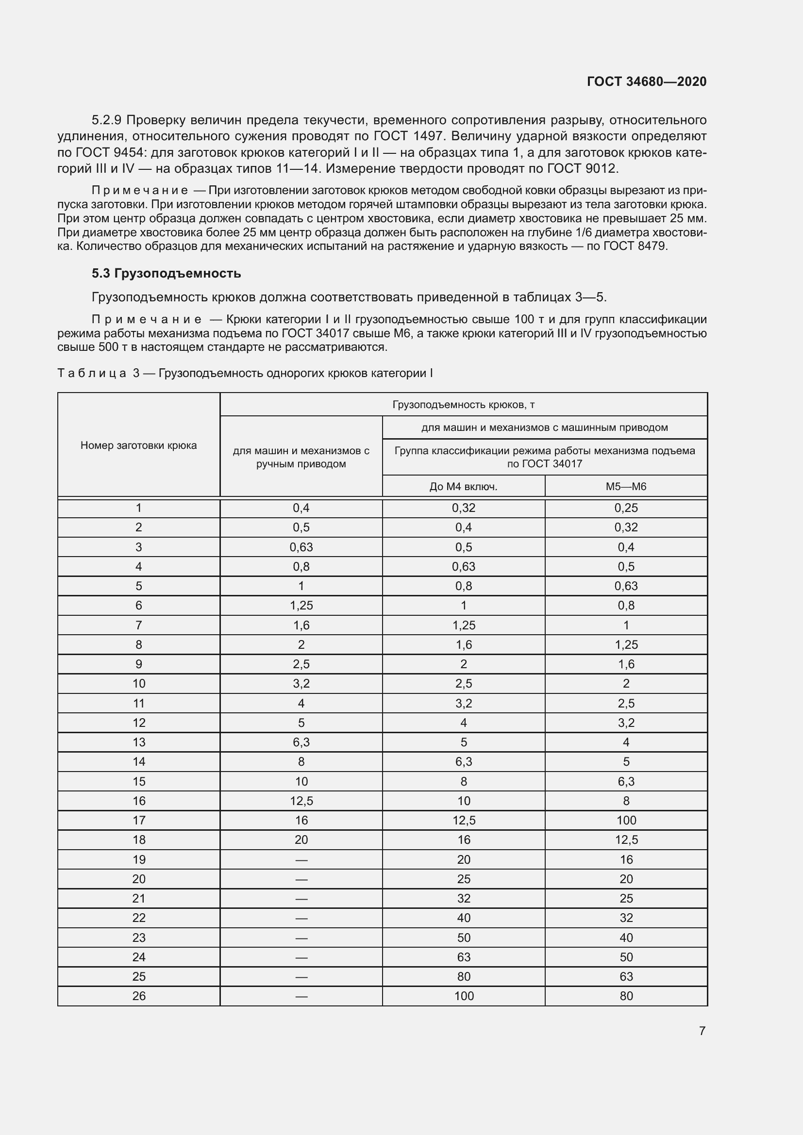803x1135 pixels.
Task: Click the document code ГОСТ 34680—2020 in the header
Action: coord(646,82)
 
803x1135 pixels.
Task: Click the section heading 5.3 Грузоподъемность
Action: coord(166,273)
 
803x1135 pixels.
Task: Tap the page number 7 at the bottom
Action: coord(702,1031)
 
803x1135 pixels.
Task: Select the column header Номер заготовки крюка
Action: coord(138,445)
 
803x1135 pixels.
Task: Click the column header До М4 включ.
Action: coord(463,486)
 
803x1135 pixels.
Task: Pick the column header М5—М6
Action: coord(626,486)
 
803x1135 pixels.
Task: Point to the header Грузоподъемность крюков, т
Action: coord(463,405)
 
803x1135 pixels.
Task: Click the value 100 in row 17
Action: coord(626,820)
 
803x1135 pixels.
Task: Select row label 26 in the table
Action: coord(138,996)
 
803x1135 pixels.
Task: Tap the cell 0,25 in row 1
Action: coord(626,508)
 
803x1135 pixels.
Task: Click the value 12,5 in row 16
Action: coord(301,801)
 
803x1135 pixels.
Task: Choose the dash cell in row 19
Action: coord(301,860)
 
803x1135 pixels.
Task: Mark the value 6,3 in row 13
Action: coord(301,742)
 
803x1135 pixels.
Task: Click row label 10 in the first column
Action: coord(138,684)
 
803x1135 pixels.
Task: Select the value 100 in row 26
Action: coord(463,996)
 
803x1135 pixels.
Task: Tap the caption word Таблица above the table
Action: coord(91,373)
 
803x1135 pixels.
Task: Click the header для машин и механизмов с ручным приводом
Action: coord(301,457)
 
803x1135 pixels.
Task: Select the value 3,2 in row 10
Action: coord(301,684)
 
